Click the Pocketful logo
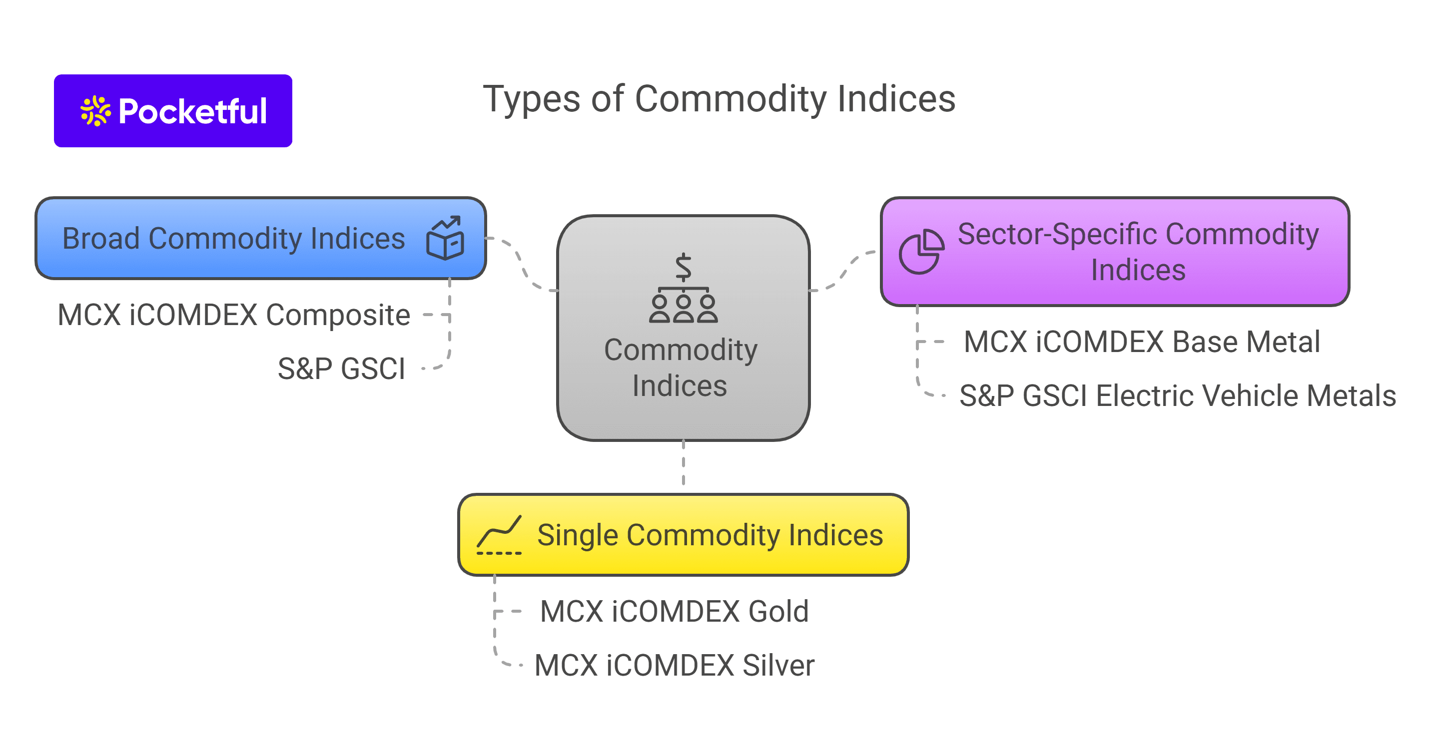click(173, 110)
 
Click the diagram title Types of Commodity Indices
click(719, 99)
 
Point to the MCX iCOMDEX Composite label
click(233, 315)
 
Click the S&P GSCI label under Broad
click(341, 369)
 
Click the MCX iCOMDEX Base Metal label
click(1141, 342)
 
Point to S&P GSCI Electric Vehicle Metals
click(1177, 396)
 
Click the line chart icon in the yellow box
click(499, 535)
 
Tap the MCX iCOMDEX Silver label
click(674, 665)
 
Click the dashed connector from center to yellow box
click(683, 463)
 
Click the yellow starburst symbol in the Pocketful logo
click(95, 110)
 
